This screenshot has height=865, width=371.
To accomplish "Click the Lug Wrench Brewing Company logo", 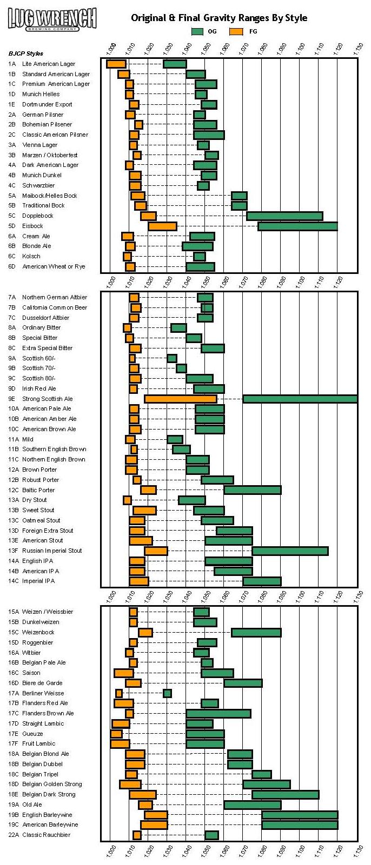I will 52,19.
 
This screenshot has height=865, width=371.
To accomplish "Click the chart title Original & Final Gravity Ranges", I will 219,18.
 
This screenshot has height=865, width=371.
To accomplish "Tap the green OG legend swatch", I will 197,31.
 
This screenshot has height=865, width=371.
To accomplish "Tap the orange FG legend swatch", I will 236,31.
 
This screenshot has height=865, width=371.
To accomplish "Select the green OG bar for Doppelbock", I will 284,216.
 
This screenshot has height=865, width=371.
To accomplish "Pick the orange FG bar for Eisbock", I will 162,226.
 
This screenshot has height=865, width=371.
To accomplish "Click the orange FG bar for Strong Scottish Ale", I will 181,399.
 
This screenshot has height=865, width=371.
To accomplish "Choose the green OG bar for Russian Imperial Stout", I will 290,551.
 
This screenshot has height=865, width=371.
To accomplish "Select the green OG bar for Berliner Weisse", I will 167,693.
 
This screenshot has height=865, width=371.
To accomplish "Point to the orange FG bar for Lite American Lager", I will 116,64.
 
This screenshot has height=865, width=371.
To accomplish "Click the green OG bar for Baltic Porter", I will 253,490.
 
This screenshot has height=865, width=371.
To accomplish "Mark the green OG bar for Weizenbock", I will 256,632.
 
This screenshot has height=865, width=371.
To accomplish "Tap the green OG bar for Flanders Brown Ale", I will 218,713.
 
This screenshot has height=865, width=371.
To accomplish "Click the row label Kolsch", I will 31,256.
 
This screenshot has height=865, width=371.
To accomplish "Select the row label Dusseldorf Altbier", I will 45,318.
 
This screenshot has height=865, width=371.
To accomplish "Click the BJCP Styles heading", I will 26,53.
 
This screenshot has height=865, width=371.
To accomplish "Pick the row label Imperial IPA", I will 38,581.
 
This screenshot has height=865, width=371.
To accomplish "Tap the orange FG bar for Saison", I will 124,673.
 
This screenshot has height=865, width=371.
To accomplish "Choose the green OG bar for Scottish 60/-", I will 171,358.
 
